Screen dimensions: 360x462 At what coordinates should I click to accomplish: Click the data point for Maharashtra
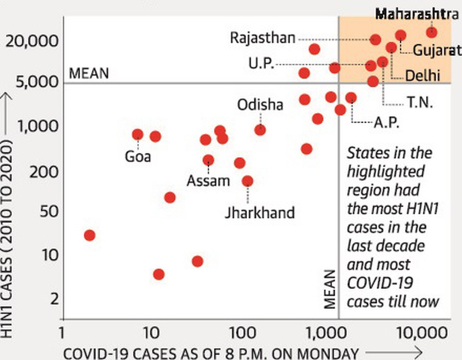431,32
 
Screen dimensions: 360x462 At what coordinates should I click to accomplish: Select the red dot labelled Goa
137,134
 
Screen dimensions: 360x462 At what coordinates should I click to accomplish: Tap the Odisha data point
260,130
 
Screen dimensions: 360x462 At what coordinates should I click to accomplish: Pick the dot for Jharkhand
247,181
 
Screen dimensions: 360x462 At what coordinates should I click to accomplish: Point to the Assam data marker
208,160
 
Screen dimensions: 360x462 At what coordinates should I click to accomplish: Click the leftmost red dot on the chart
90,235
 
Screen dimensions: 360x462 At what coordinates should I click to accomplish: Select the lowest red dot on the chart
159,274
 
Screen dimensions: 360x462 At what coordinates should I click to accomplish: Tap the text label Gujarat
437,50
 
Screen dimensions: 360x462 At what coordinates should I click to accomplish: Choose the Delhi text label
422,75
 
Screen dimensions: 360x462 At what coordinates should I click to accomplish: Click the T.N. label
420,102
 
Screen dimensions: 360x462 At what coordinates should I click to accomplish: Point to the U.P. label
262,64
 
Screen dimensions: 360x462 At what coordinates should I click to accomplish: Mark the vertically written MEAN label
331,289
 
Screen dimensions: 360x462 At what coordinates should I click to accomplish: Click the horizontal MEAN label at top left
89,74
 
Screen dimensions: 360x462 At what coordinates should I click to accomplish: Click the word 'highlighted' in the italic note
386,171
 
